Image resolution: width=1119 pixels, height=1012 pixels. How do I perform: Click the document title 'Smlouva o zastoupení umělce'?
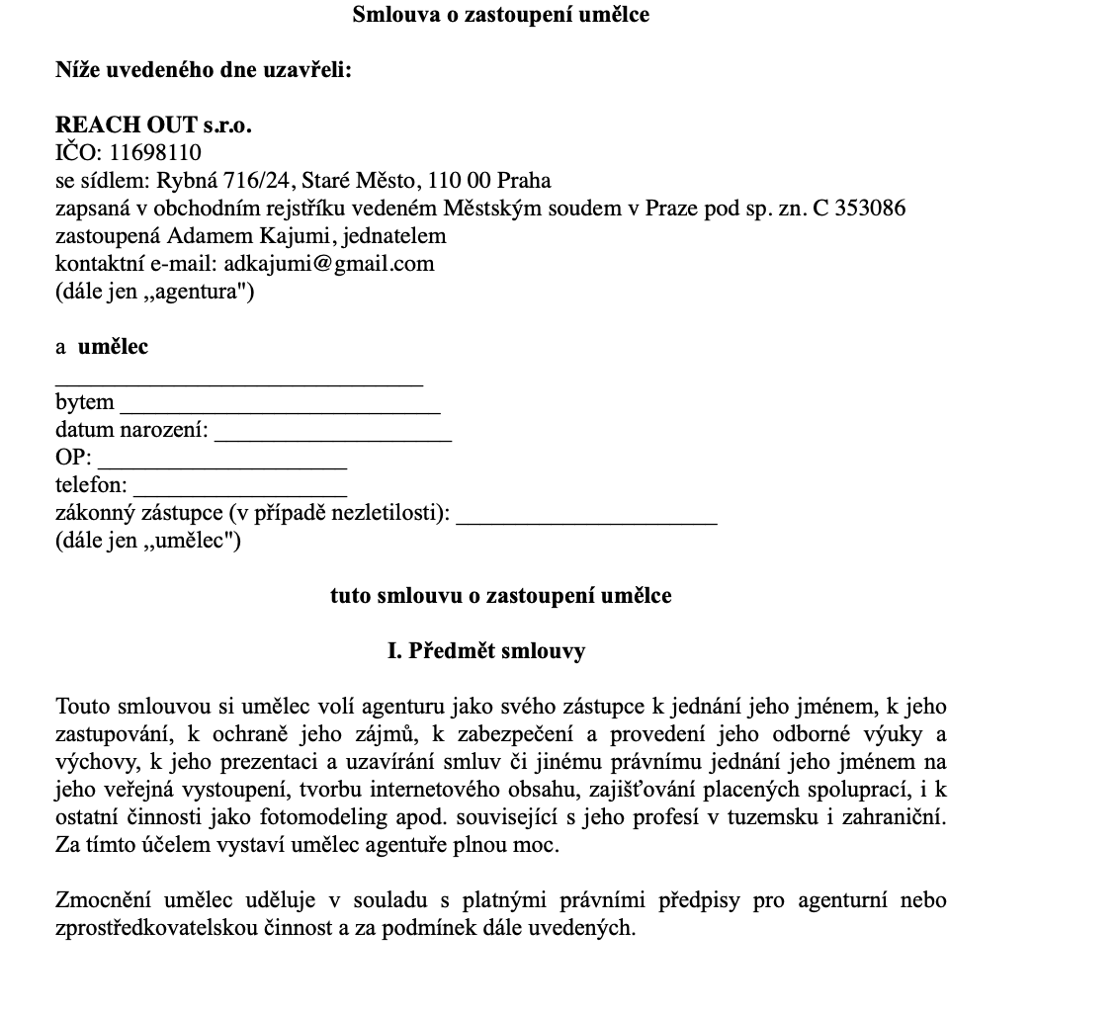[x=500, y=15]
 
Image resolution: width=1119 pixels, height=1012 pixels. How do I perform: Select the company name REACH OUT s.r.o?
[x=153, y=126]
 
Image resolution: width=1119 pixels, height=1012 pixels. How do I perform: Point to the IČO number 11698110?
[x=155, y=153]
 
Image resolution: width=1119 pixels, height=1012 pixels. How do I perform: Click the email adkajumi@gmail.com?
[x=329, y=264]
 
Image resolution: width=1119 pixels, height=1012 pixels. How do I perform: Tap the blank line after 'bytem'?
[x=280, y=406]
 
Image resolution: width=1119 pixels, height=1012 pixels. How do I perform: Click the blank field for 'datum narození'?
[x=333, y=434]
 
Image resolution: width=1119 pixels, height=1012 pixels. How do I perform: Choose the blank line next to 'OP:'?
[x=222, y=462]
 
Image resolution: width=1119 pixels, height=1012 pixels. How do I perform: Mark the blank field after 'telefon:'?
[x=239, y=489]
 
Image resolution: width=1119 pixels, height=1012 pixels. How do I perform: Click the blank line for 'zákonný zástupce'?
[x=586, y=517]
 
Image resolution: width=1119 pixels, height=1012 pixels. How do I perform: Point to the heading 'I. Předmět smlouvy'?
[x=486, y=651]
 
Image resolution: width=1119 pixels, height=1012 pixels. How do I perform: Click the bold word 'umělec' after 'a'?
[x=113, y=347]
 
